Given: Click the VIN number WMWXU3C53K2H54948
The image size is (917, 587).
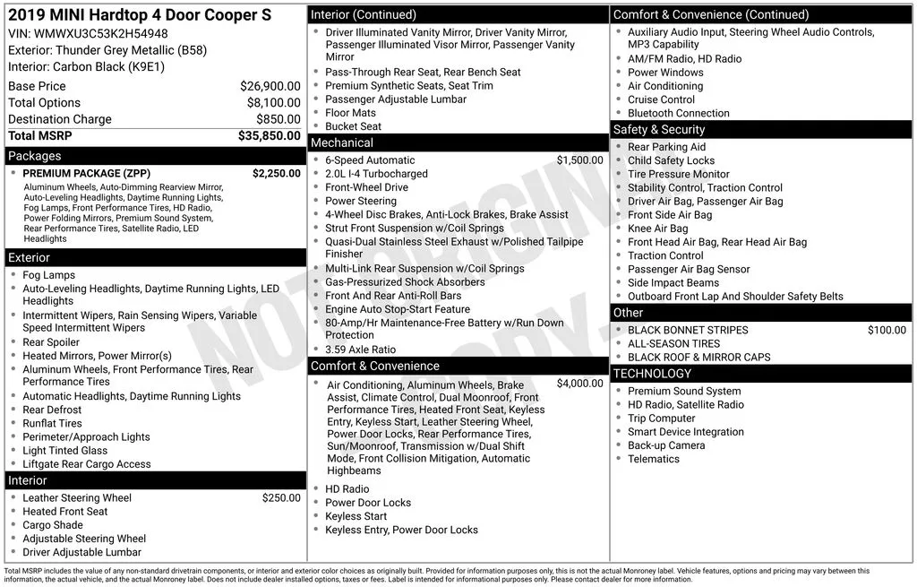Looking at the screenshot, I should [x=101, y=34].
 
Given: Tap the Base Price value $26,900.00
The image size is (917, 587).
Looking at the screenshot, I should [x=270, y=86].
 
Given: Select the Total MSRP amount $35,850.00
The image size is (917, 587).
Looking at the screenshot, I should [x=269, y=135].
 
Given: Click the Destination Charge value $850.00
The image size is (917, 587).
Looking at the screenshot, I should [x=278, y=119].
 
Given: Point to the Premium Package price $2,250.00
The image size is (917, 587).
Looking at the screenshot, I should [x=276, y=173].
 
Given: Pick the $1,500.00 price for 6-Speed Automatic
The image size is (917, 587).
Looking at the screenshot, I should [x=579, y=160].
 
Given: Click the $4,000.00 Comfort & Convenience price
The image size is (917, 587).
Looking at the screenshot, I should [x=579, y=384].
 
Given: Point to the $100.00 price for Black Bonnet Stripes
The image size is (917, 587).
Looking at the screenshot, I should [x=887, y=330].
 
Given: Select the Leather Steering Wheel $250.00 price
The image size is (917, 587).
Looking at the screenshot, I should [x=281, y=498].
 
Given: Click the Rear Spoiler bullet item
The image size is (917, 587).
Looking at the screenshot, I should [x=51, y=342].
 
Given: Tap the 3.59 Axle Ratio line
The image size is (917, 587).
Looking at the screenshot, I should [x=360, y=350].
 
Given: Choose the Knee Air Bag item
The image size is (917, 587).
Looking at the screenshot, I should [x=657, y=229].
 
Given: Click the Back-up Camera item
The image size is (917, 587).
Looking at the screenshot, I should [x=665, y=445].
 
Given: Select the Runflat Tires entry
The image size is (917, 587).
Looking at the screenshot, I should [x=52, y=424].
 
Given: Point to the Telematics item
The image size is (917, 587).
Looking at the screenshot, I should [x=653, y=459].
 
